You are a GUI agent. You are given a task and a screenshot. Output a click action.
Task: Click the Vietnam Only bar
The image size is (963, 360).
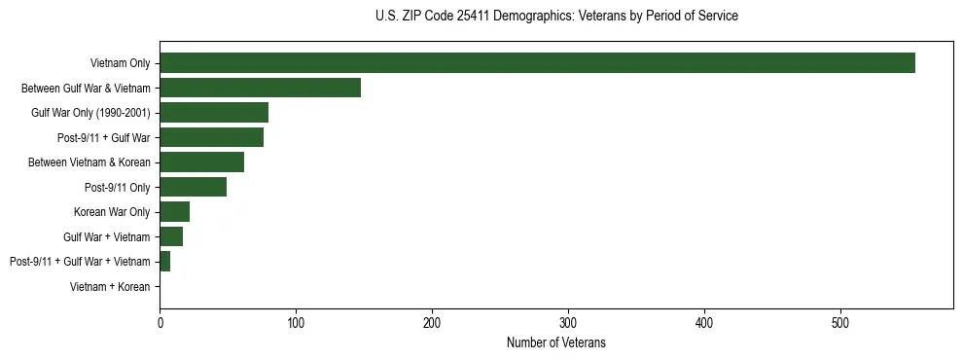point(537,63)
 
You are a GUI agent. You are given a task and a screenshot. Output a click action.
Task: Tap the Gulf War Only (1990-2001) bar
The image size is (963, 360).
point(214,113)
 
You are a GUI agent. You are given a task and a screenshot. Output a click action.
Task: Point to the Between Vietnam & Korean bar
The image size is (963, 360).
point(201,162)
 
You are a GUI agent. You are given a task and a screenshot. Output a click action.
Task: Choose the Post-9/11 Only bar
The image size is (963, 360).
point(193,187)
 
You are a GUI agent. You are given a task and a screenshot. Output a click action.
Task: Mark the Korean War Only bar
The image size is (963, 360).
point(174,211)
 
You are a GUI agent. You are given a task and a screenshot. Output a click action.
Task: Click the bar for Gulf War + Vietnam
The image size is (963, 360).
point(171,236)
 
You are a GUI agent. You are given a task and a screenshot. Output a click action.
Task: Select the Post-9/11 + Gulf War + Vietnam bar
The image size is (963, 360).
point(164,261)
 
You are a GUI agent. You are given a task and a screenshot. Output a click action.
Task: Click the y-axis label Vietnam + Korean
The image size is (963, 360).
point(110,286)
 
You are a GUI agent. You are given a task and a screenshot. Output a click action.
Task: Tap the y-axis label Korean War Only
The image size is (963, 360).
point(112,211)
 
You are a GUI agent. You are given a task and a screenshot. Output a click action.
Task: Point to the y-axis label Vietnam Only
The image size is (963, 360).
point(120,63)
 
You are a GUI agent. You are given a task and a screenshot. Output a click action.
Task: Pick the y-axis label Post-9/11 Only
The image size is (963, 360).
point(118,187)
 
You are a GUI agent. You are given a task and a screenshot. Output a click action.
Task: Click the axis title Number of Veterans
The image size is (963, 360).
point(556,342)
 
